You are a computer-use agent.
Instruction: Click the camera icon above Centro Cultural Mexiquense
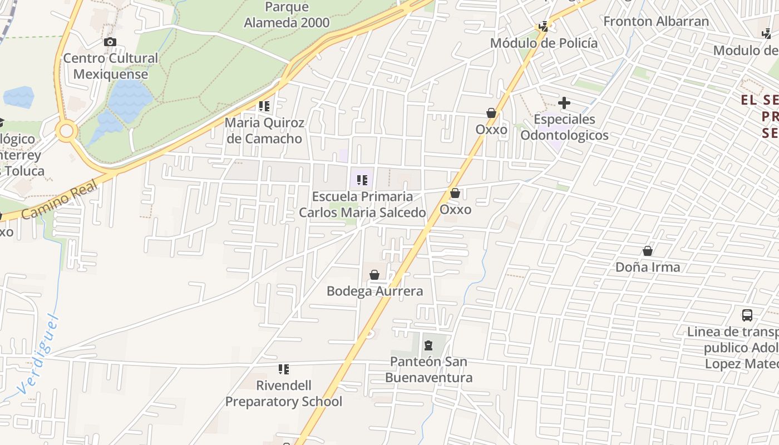110,42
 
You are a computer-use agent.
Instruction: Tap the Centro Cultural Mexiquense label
110,66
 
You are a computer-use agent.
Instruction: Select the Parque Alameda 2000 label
287,15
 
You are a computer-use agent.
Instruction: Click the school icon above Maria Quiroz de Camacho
264,106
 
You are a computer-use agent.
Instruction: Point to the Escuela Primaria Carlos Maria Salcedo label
362,205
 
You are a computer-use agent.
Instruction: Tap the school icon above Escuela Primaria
362,180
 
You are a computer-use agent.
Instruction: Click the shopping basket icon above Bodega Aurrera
374,275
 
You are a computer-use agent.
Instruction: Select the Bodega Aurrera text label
374,291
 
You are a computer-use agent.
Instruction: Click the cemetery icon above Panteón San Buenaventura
428,345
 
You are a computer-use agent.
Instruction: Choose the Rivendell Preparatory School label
283,393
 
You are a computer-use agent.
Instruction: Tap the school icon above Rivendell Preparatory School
284,369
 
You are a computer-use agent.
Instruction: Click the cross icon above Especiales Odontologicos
564,103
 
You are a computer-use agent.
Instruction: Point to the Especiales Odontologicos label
564,127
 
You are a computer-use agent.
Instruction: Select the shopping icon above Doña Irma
648,251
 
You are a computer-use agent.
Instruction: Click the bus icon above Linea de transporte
747,315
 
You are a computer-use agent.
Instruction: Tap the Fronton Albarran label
656,22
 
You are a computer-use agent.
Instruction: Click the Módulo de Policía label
544,43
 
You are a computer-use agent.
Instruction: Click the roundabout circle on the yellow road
67,131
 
